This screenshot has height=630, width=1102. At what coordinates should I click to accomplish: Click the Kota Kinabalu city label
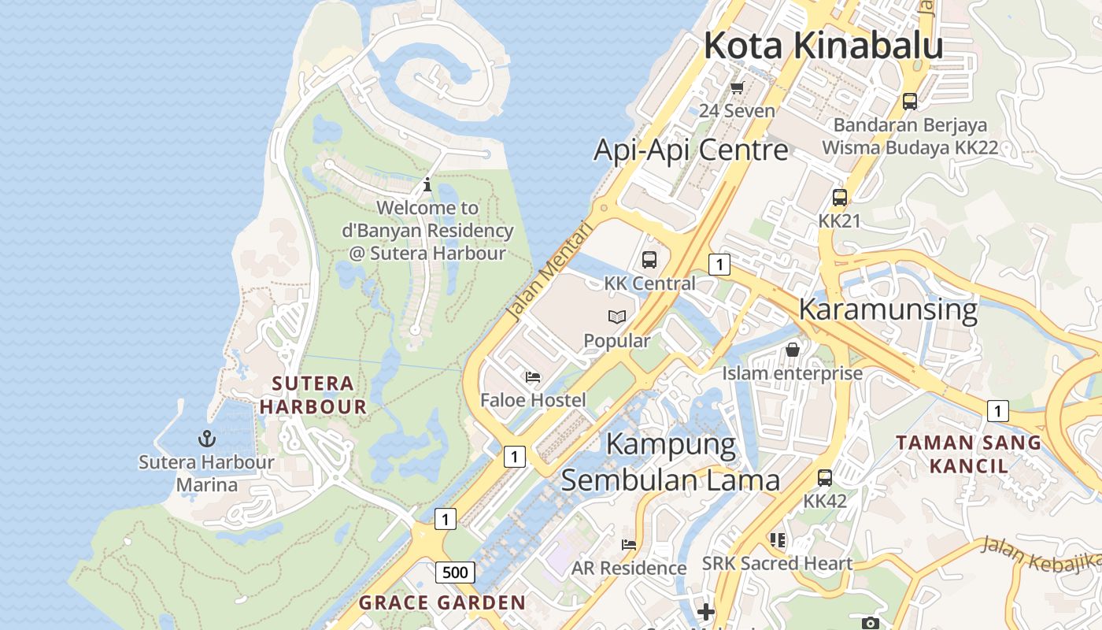tap(823, 45)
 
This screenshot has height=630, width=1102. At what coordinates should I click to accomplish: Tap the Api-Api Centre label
tap(690, 150)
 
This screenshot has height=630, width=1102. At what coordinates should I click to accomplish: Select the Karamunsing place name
tap(888, 309)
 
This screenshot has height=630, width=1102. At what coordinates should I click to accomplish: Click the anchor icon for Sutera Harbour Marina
tap(206, 438)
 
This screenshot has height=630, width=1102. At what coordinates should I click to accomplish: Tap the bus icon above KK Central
tap(649, 259)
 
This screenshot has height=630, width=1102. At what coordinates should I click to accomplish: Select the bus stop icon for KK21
tap(840, 198)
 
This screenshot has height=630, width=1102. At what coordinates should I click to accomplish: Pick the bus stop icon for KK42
tap(825, 477)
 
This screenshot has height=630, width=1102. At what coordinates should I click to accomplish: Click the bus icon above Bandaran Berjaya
tap(910, 101)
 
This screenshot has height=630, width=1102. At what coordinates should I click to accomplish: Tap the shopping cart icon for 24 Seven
tap(738, 87)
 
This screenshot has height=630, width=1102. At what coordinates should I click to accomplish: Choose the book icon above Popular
tap(617, 317)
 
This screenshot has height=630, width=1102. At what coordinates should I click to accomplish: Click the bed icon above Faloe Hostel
tap(534, 377)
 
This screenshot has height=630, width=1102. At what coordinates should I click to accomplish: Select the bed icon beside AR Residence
tap(628, 544)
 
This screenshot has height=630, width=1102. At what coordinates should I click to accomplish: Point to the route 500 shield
tap(456, 573)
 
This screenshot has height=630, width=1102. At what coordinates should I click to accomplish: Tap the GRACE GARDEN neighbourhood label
tap(442, 603)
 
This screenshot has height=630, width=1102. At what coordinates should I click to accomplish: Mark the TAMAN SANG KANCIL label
tap(968, 454)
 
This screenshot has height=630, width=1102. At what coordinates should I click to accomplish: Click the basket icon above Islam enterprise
tap(793, 349)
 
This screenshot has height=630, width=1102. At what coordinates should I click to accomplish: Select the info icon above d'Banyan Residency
tap(427, 185)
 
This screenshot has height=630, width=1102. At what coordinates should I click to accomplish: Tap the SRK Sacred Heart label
tap(777, 563)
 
